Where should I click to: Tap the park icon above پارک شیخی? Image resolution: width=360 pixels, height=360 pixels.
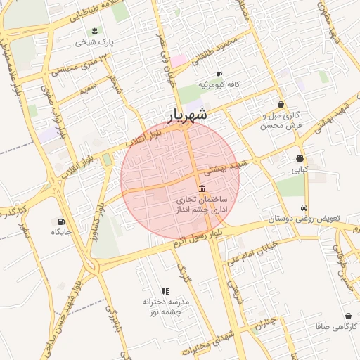95,30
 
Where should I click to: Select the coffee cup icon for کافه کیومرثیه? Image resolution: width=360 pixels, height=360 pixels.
219,74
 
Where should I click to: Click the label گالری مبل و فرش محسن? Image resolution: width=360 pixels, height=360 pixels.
281,120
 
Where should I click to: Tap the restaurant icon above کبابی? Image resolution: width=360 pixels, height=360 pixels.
300,158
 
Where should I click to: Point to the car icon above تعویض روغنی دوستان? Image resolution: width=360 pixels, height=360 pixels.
303,207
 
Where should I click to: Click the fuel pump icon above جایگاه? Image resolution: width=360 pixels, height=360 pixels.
60,219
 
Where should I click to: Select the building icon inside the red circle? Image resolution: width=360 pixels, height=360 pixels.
202,188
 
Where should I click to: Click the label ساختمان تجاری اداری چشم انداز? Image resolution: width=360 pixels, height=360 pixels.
202,205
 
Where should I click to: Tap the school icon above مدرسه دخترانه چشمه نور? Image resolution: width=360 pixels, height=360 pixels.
165,290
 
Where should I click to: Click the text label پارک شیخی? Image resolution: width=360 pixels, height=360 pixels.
95,42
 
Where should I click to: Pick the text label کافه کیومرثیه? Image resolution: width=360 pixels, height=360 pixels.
219,84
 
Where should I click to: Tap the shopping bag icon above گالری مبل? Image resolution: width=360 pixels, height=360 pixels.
281,104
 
